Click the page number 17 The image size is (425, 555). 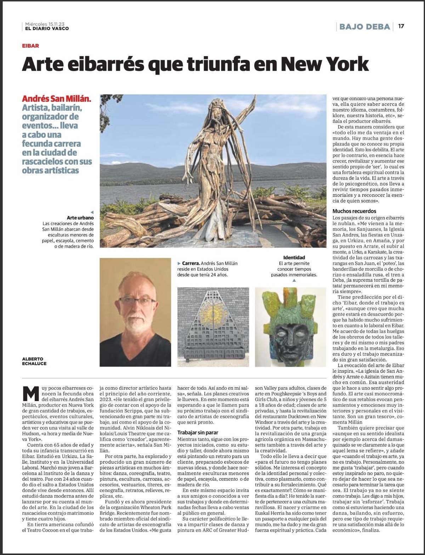401,26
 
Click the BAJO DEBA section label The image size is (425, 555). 364,27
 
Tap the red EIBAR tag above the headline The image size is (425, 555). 30,46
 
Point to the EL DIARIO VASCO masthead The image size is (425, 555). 47,29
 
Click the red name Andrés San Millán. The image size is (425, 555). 57,99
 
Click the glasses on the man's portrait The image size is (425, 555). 137,301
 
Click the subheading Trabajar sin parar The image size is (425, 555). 198,432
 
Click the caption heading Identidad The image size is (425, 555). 294,257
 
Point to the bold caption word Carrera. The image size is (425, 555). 190,263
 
